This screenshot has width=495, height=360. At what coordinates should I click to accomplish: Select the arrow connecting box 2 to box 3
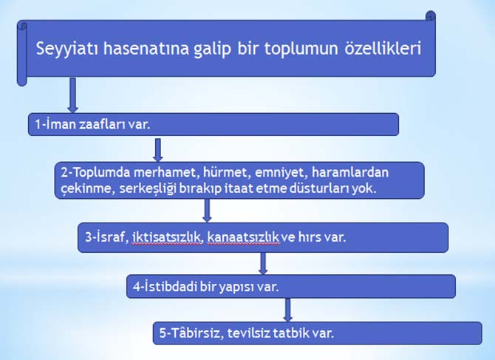click(x=208, y=210)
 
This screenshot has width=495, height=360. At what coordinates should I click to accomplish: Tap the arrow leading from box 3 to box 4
click(x=262, y=263)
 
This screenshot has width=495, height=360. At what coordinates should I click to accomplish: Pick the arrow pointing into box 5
click(x=288, y=308)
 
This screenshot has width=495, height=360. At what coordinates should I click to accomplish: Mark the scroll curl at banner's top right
click(x=431, y=16)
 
